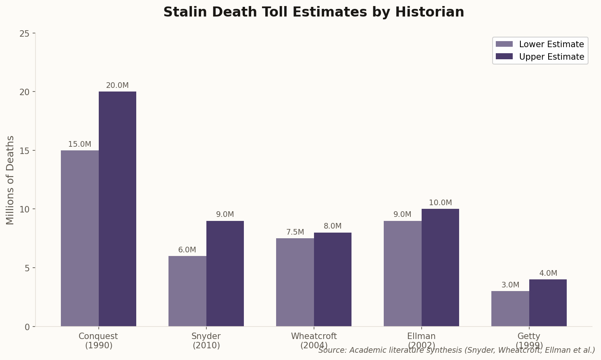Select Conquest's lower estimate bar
click(80, 238)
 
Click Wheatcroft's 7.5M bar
click(295, 282)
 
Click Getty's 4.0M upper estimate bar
click(548, 303)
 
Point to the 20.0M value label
click(117, 85)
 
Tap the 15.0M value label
click(80, 144)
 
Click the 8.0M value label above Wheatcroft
click(333, 226)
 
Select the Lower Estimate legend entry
click(540, 44)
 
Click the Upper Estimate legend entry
click(540, 57)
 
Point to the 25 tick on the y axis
click(25, 33)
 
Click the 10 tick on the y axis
click(25, 209)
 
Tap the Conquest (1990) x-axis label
click(98, 341)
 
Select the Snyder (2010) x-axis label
click(206, 341)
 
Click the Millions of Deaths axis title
click(10, 180)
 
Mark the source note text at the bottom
click(456, 350)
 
